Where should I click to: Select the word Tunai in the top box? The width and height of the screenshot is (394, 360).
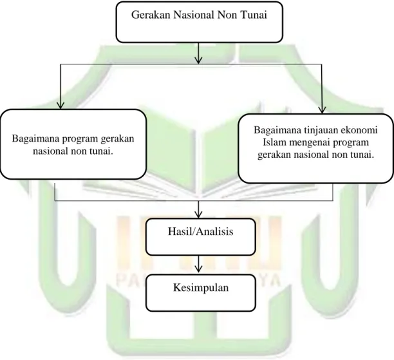[254, 15]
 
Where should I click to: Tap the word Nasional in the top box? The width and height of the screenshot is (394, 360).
[193, 15]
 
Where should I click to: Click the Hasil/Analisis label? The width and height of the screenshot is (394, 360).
[200, 231]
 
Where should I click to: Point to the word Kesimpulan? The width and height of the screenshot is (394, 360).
[201, 288]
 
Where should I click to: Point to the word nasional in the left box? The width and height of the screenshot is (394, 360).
[50, 151]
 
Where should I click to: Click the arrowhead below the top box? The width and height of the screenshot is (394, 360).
[198, 60]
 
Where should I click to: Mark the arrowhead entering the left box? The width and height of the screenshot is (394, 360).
[61, 105]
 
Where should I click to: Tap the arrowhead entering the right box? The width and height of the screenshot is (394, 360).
[322, 110]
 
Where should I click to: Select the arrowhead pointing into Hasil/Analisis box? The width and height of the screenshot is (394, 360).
[198, 214]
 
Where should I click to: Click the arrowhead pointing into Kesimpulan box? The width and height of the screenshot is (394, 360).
[199, 269]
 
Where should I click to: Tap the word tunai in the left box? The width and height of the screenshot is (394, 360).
[101, 151]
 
